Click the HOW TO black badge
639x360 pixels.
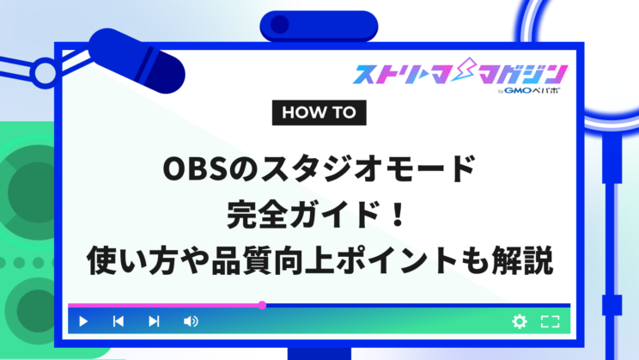(319, 113)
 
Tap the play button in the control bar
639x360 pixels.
(83, 321)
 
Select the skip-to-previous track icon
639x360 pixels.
(119, 321)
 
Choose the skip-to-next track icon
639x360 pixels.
(154, 321)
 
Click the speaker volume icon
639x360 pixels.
(191, 321)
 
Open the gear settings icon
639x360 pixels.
(520, 321)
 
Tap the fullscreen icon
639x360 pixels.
(551, 321)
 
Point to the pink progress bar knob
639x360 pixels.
(263, 305)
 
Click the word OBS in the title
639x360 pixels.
(195, 168)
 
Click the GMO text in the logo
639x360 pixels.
(518, 90)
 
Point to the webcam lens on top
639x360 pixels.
(280, 24)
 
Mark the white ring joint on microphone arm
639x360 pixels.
(45, 73)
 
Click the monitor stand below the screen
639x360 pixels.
(319, 353)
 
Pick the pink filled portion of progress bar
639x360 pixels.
(165, 305)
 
